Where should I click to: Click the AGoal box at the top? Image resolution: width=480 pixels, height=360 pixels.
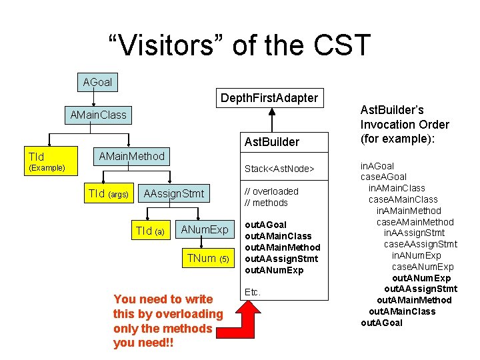click(x=97, y=83)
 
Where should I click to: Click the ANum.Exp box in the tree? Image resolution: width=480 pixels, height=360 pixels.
click(x=205, y=230)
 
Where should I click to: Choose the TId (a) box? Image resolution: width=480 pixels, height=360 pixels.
click(x=150, y=231)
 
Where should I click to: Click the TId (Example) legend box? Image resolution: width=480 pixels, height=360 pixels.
click(x=45, y=161)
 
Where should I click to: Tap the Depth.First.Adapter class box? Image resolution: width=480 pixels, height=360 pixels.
click(x=269, y=98)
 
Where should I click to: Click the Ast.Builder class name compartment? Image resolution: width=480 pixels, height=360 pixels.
click(x=272, y=142)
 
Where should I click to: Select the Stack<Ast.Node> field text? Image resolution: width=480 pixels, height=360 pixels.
click(x=279, y=169)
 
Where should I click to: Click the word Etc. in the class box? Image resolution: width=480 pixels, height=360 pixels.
click(x=253, y=292)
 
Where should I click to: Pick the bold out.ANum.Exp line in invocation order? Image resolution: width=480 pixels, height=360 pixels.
click(x=421, y=278)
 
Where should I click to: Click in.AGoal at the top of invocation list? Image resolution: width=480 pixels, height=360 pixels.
click(x=377, y=166)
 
